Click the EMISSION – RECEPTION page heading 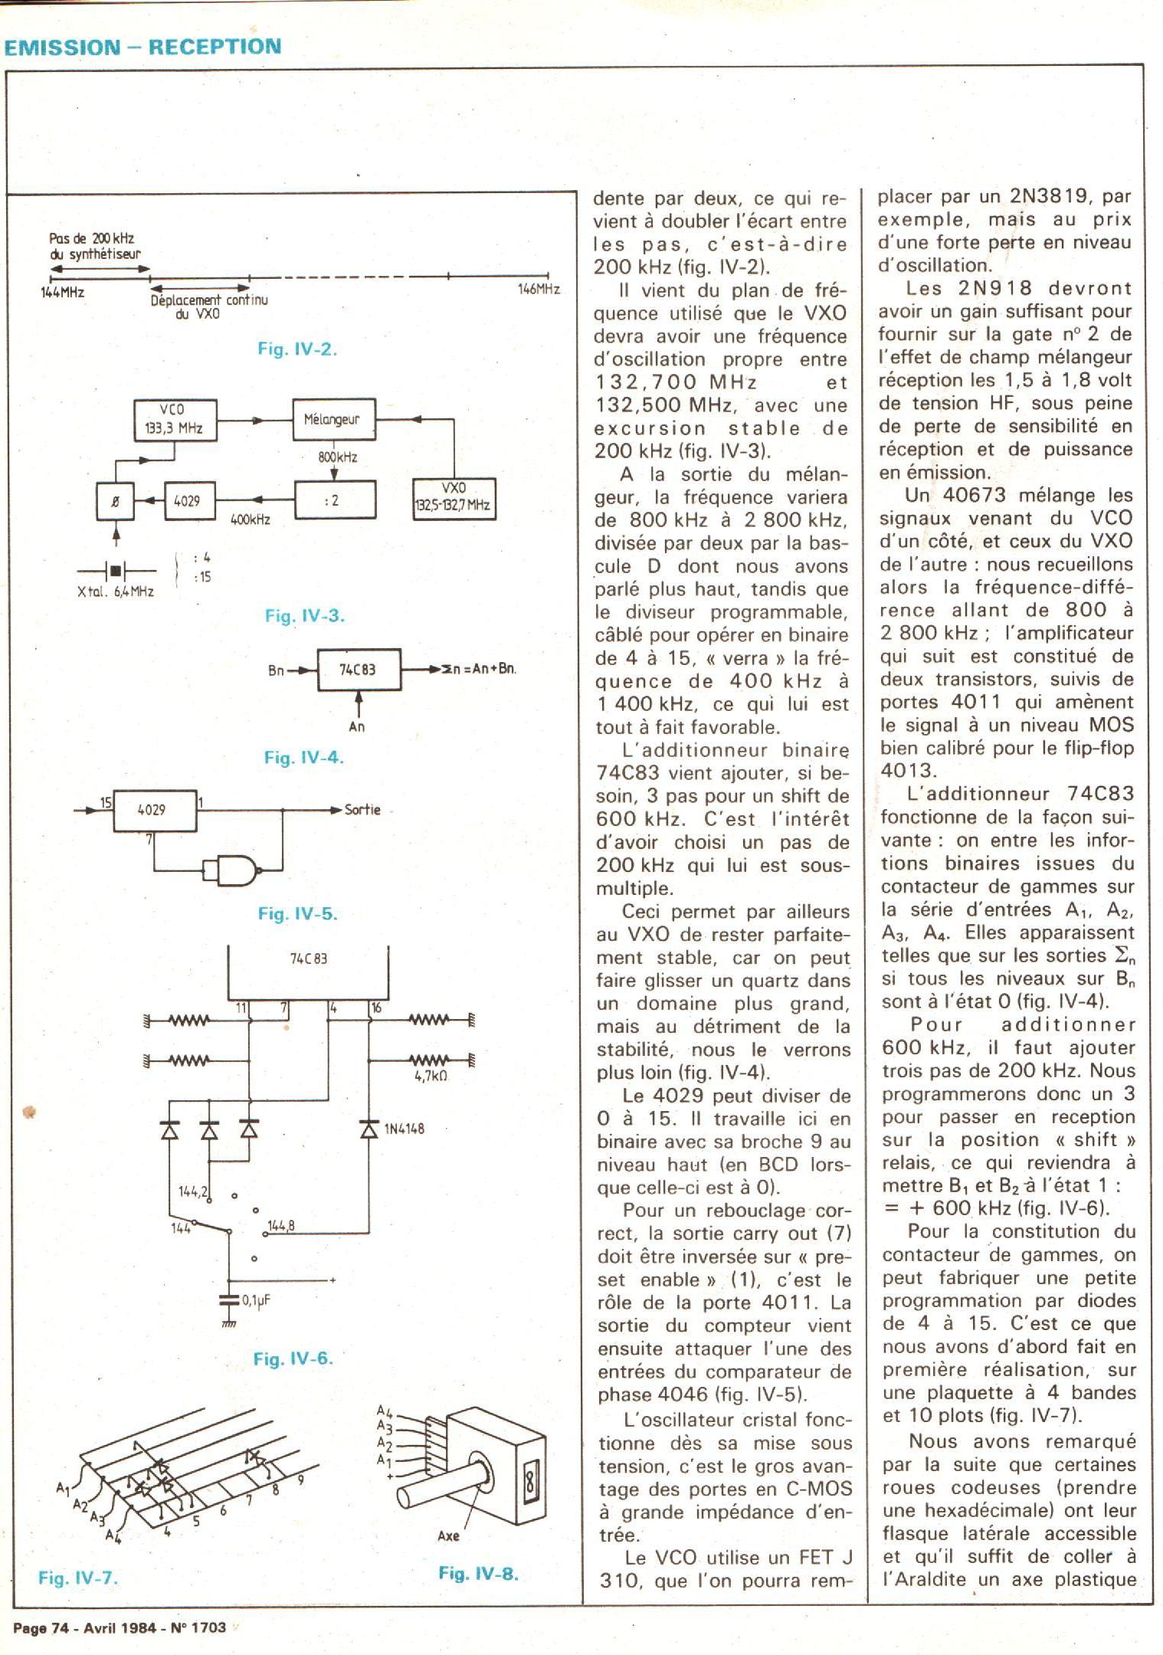click(x=143, y=47)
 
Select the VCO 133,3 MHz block click(x=174, y=419)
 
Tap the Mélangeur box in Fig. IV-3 click(x=334, y=419)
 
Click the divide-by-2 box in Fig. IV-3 click(x=334, y=500)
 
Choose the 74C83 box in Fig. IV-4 click(x=358, y=669)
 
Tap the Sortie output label click(x=362, y=810)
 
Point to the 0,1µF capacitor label click(x=257, y=1300)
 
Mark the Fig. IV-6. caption click(x=293, y=1358)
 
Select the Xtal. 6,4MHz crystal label click(x=116, y=592)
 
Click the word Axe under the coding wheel click(x=448, y=1535)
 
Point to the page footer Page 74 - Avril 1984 click(x=119, y=1627)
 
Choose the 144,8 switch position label click(x=280, y=1227)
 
